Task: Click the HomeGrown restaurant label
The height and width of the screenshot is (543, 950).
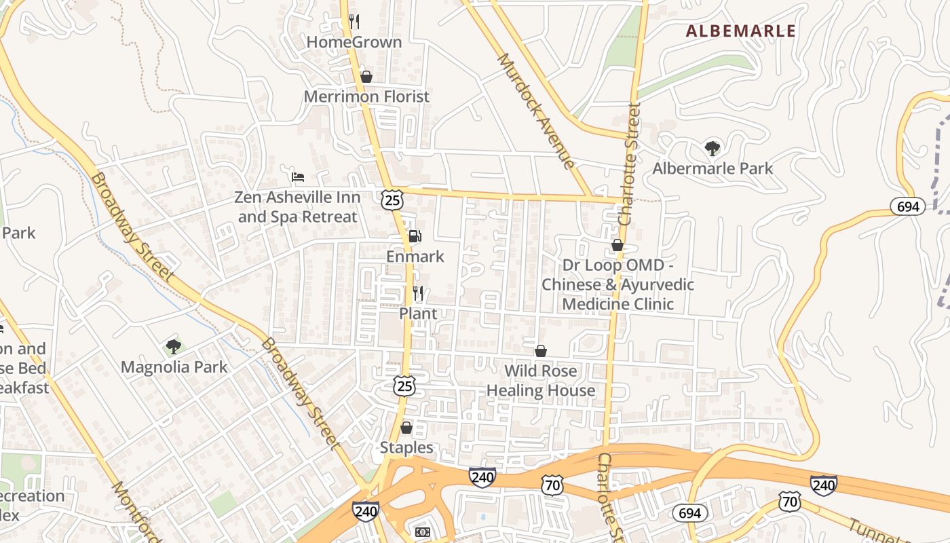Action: (x=354, y=42)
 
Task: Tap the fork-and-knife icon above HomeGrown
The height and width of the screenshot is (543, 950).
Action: (x=354, y=21)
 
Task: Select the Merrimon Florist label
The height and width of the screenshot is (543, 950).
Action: (x=366, y=96)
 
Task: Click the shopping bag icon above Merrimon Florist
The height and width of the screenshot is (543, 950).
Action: (x=366, y=77)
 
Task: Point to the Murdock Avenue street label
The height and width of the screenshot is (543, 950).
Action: (x=536, y=111)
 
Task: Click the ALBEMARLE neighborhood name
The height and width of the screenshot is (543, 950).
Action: (x=740, y=31)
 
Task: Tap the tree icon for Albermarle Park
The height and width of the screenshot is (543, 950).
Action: (x=712, y=148)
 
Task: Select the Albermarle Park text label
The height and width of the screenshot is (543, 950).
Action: (x=712, y=168)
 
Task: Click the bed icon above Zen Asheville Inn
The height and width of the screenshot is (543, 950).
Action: (x=297, y=177)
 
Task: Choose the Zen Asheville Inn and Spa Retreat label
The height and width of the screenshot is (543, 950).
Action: (x=297, y=207)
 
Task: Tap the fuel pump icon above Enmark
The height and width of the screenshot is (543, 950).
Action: (x=415, y=236)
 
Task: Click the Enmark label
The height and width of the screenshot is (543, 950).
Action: (x=415, y=257)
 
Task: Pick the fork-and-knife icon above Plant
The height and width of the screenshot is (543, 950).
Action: (x=418, y=293)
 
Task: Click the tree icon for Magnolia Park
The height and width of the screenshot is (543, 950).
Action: (x=174, y=347)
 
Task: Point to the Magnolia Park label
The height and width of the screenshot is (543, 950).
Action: (x=174, y=367)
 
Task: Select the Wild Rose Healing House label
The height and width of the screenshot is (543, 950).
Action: (x=541, y=381)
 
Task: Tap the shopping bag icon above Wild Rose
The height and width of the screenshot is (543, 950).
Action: (x=541, y=351)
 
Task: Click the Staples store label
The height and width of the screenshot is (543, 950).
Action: (x=406, y=448)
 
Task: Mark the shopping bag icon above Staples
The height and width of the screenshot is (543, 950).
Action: (x=406, y=428)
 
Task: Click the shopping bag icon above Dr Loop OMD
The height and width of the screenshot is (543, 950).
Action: (x=617, y=245)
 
